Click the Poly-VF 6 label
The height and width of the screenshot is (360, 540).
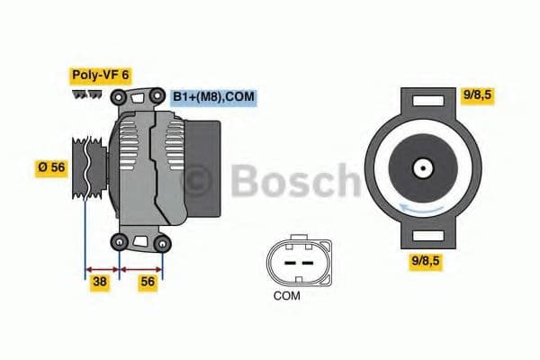coord(99,76)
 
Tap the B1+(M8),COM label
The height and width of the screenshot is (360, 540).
coord(214,95)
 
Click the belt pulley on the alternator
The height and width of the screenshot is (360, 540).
coord(88,168)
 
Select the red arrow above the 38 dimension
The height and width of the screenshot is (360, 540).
coord(102,269)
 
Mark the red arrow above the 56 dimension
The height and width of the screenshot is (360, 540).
coord(141,269)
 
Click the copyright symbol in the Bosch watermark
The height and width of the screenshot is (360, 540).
coord(200,179)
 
